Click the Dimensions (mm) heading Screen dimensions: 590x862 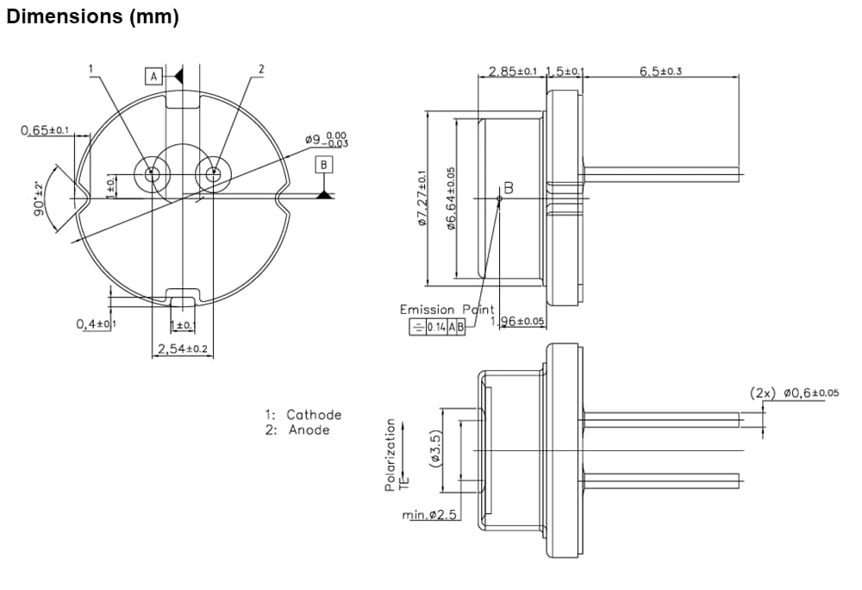click(92, 17)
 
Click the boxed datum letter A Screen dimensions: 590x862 click(153, 77)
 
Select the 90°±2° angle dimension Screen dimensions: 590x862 click(39, 199)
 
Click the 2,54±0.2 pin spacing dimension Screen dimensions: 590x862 click(182, 349)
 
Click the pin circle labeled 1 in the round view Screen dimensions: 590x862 click(152, 173)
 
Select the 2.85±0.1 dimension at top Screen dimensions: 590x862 click(514, 71)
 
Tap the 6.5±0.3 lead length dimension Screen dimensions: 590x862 click(661, 71)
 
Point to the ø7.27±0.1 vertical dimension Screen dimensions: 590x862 click(422, 199)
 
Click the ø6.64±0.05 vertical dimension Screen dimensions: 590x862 click(451, 199)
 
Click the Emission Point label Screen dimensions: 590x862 click(447, 310)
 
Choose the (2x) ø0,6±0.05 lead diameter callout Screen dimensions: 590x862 click(793, 393)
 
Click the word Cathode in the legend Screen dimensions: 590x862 click(314, 415)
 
